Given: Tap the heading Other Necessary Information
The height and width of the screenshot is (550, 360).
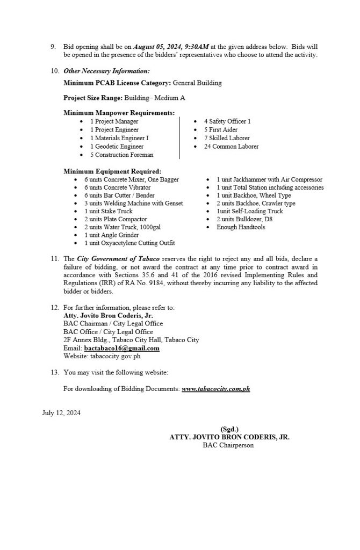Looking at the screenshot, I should click(106, 71).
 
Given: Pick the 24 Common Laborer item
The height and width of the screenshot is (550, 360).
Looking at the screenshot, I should click(231, 146).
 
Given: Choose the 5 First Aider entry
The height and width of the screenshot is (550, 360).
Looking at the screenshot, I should click(220, 129).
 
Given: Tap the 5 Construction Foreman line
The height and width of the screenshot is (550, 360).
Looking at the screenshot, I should click(122, 155).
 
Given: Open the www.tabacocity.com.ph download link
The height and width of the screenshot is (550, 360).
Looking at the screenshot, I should click(216, 387).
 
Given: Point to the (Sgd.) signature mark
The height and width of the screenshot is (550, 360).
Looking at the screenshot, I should click(229, 429).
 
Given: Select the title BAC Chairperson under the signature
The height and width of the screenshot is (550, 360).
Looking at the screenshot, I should click(229, 445).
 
